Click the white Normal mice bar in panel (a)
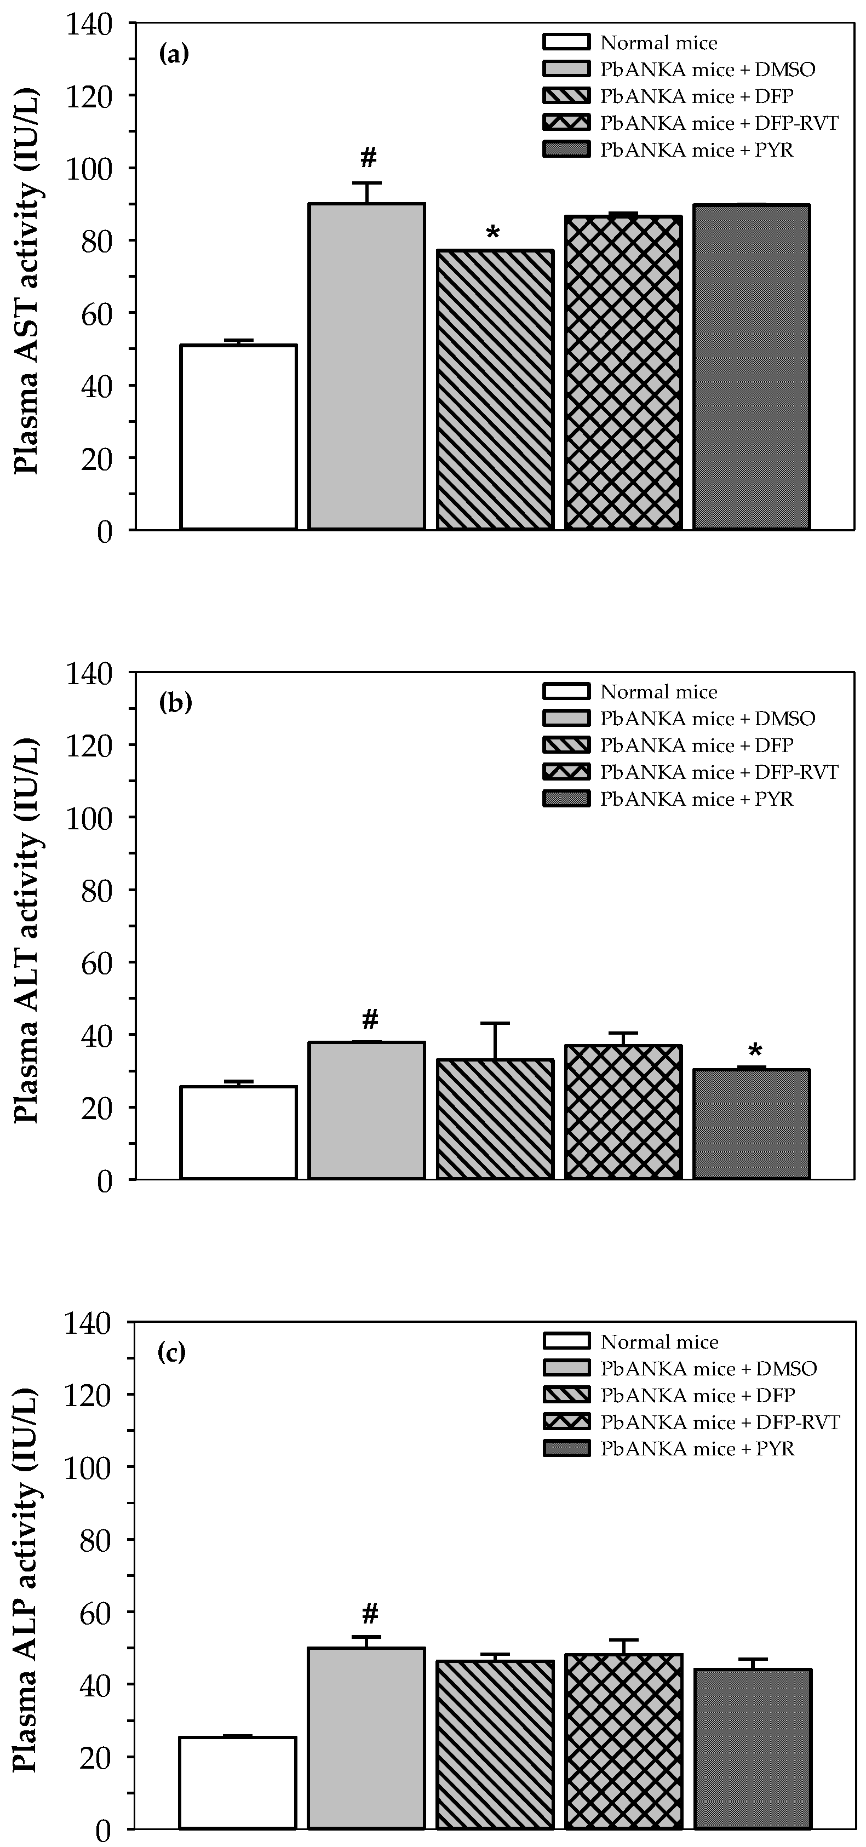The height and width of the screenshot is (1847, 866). (x=238, y=437)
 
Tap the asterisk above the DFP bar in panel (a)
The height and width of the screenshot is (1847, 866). (x=493, y=233)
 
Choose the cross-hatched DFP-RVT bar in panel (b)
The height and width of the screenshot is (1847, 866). (x=623, y=1111)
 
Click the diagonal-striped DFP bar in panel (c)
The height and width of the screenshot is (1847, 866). (x=495, y=1731)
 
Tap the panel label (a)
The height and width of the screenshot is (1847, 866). (x=174, y=54)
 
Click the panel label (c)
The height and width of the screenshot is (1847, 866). (x=172, y=1353)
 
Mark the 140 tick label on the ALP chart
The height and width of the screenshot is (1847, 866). (x=89, y=1323)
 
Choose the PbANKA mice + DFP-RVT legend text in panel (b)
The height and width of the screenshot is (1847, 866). (x=718, y=772)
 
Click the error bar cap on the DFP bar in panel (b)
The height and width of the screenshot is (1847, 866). (x=495, y=1023)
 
